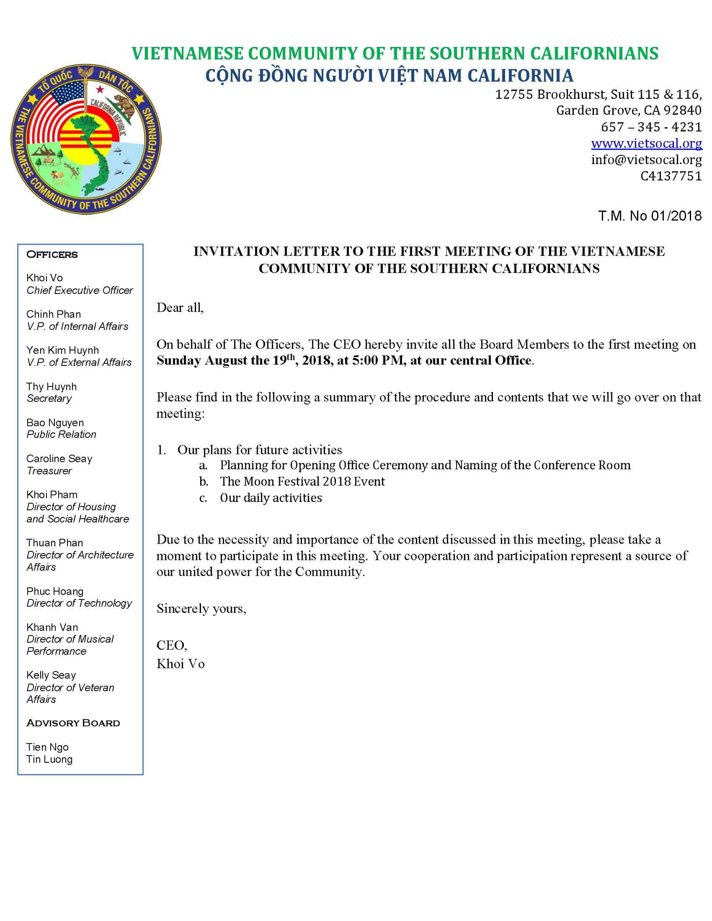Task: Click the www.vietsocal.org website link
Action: [646, 143]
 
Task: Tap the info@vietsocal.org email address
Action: [646, 160]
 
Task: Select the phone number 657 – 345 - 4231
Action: [651, 127]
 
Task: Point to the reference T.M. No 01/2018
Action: [650, 216]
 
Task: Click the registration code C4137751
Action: [671, 176]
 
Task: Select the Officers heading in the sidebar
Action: [52, 254]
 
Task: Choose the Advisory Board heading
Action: [73, 723]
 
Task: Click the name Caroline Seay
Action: [59, 458]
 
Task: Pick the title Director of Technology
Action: [79, 603]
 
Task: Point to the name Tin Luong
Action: [49, 759]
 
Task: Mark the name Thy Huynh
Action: [52, 386]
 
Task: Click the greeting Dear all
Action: [180, 307]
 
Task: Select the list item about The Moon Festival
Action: [302, 481]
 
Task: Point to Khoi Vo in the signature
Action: [181, 664]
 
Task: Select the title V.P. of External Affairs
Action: [79, 362]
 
